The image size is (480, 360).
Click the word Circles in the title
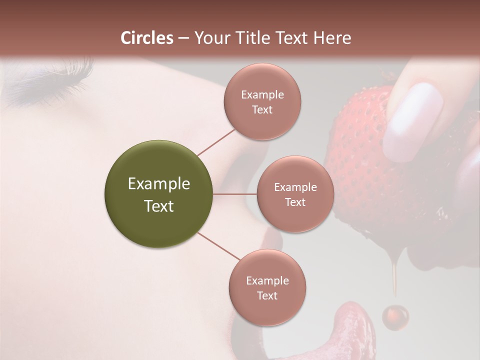pyautogui.click(x=147, y=38)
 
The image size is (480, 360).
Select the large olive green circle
pyautogui.click(x=158, y=194)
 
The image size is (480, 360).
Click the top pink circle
pyautogui.click(x=262, y=101)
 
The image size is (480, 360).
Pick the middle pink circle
pyautogui.click(x=295, y=194)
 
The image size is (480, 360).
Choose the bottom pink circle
pyautogui.click(x=267, y=287)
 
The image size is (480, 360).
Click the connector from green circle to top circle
pyautogui.click(x=216, y=141)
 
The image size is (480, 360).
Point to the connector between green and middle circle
pyautogui.click(x=235, y=194)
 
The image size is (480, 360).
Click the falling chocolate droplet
pyautogui.click(x=395, y=316)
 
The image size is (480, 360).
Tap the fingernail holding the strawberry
pyautogui.click(x=413, y=120)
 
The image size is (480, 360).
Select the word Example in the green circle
pyautogui.click(x=158, y=184)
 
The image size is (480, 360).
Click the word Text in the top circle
pyautogui.click(x=262, y=109)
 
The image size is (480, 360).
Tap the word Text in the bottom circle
pyautogui.click(x=267, y=295)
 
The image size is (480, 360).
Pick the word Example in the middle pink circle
pyautogui.click(x=295, y=187)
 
